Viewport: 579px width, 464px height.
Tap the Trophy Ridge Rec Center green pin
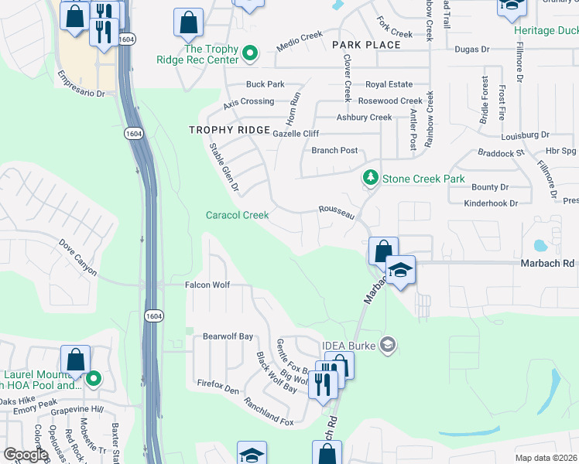(250, 54)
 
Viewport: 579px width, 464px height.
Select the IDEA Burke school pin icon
(389, 344)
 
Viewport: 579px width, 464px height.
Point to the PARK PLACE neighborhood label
(367, 45)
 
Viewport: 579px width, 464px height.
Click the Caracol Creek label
(237, 215)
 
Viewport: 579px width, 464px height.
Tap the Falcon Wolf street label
(207, 285)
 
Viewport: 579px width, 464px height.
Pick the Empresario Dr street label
(81, 85)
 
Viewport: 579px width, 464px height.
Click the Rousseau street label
(337, 213)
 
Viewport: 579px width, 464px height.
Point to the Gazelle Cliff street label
(296, 134)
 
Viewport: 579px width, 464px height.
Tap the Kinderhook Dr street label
(490, 203)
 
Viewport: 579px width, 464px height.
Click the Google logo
(26, 455)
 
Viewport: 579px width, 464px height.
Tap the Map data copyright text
(547, 458)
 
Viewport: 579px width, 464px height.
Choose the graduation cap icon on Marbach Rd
(400, 271)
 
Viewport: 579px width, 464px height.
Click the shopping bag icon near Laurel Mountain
(76, 360)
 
